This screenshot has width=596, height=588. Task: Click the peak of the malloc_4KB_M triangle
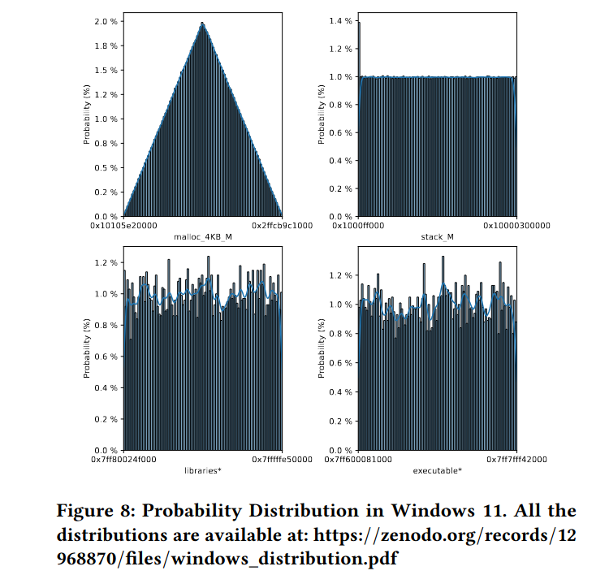(x=202, y=23)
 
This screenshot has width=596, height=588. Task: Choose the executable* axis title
(x=437, y=470)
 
